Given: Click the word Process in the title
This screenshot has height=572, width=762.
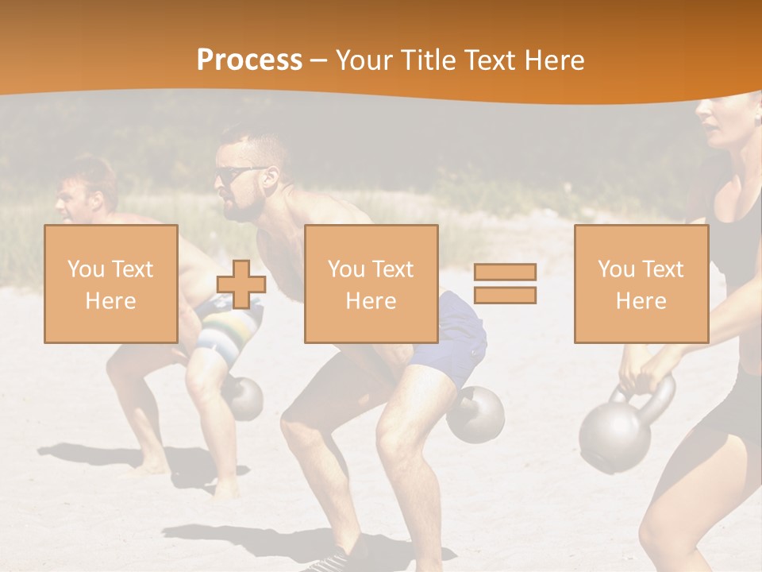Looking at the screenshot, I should [249, 60].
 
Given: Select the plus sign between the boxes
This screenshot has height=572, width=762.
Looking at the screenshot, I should [241, 284].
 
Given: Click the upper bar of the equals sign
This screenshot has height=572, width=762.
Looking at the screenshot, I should [505, 272].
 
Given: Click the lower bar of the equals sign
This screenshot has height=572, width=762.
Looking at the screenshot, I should [505, 296].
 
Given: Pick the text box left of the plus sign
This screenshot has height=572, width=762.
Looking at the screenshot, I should [110, 284].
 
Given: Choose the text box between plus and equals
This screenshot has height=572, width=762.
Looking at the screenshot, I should [371, 284].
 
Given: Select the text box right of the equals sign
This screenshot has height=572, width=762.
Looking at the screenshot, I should [641, 284].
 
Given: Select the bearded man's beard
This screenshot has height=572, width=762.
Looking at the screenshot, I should [246, 208].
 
